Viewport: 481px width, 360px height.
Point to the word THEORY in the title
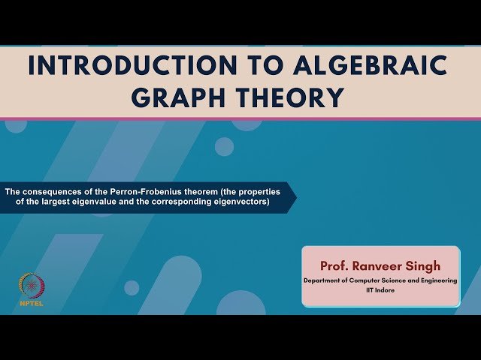[x=298, y=97]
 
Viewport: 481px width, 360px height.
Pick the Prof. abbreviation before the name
[x=335, y=265]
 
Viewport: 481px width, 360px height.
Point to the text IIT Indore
[x=380, y=289]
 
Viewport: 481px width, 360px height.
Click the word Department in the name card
[x=324, y=280]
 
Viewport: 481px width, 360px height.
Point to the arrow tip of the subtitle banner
[x=295, y=197]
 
